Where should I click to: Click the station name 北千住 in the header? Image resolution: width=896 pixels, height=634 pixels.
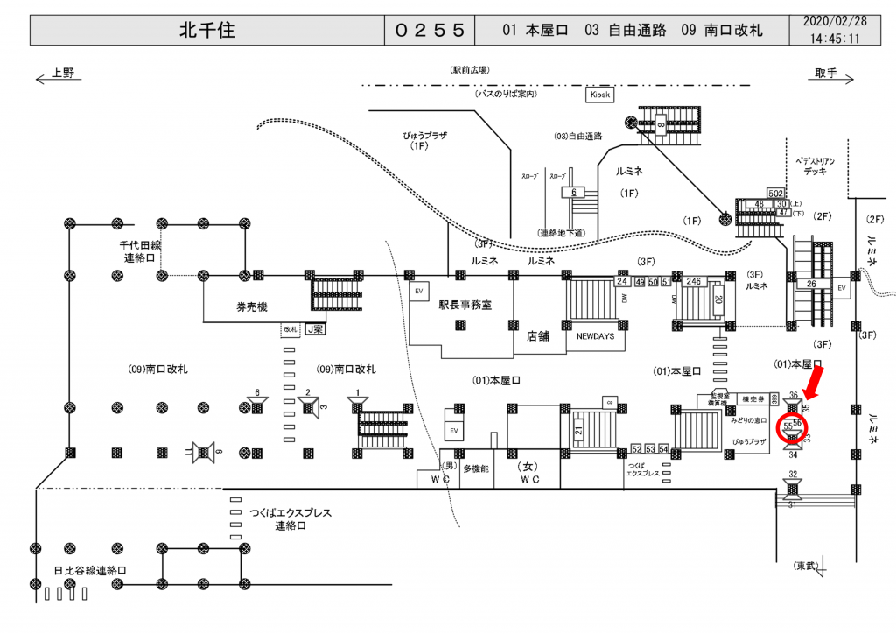(206, 31)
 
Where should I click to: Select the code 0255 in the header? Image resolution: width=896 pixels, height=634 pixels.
(429, 31)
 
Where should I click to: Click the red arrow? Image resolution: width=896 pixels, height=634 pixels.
(812, 382)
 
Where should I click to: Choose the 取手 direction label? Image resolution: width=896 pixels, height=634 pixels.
(825, 74)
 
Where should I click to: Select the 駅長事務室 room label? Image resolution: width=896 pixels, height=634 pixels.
(465, 306)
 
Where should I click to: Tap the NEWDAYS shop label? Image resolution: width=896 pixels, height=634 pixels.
(596, 335)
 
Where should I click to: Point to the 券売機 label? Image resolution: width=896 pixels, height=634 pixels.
(251, 306)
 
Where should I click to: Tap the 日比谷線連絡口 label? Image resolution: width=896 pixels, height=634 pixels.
(90, 570)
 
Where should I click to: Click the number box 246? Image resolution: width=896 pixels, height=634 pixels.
(694, 281)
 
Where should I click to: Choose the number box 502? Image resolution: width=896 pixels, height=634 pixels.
(775, 193)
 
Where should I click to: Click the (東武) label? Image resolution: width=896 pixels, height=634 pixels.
(807, 565)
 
